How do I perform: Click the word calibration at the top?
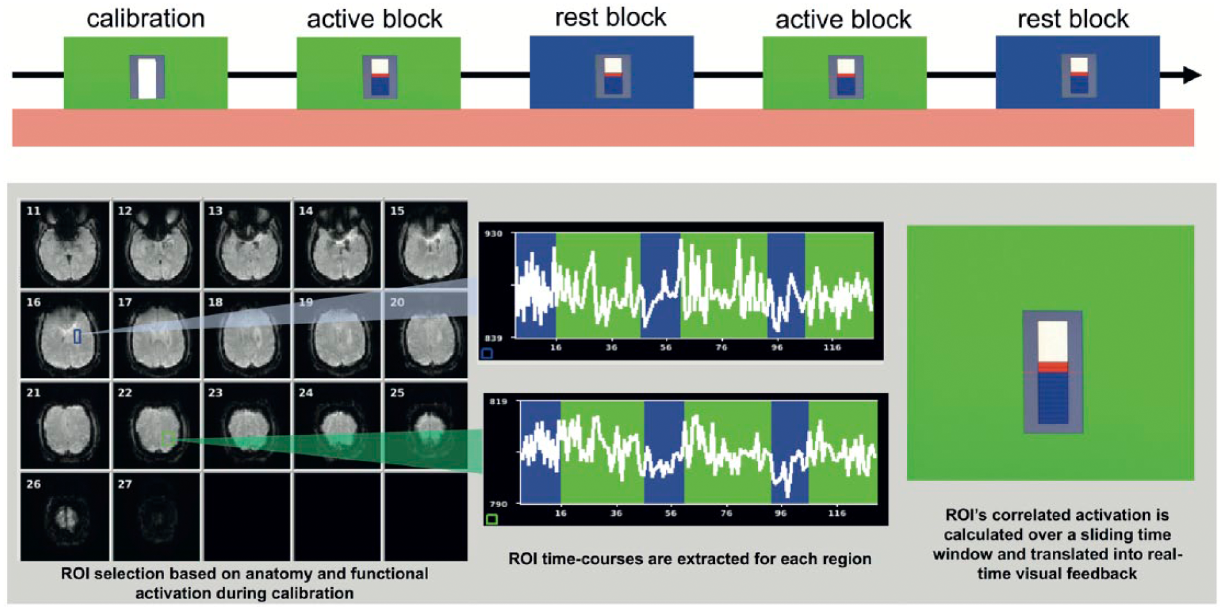[146, 19]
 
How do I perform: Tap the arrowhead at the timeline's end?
[1192, 75]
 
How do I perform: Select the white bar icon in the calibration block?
[147, 77]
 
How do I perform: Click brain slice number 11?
[65, 244]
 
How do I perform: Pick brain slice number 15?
[425, 244]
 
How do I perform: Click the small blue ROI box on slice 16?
[77, 336]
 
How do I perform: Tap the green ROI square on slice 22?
[169, 439]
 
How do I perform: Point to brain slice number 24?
[337, 426]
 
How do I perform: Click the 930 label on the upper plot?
[493, 234]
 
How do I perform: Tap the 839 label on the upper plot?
[493, 338]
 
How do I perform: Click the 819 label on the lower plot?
[498, 402]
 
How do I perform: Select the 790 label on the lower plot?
[498, 504]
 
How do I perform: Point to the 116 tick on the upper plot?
[832, 347]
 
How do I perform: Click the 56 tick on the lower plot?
[670, 513]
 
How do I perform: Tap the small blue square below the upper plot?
[487, 353]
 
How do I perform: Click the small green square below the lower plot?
[492, 519]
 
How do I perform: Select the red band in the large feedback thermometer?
[1052, 367]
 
